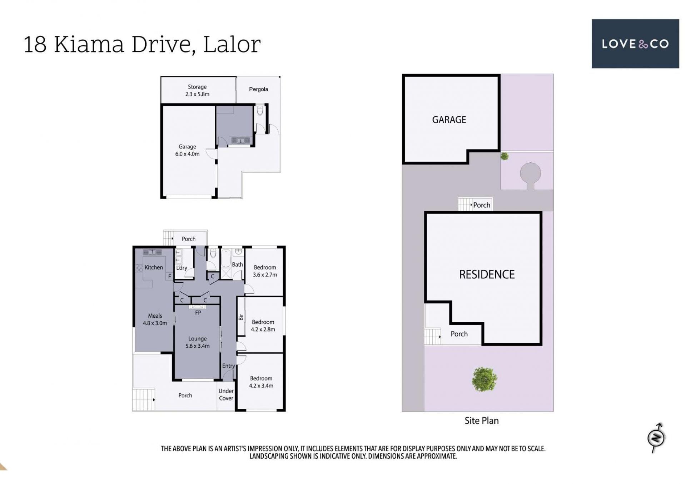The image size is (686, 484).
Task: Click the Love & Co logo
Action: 635,44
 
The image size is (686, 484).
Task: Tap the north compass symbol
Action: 656,437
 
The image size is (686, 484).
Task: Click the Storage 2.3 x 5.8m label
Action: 197,90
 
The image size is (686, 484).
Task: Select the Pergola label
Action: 258,89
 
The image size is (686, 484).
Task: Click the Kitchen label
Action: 154,267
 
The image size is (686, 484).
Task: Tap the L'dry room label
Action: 182,268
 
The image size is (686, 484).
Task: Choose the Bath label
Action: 237,264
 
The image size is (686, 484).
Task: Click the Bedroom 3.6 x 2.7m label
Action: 265,271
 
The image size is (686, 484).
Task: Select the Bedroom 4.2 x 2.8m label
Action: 263,326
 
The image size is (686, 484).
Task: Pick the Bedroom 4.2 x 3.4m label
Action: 261,382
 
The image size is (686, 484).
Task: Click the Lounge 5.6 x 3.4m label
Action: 197,342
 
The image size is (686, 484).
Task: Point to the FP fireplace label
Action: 198,313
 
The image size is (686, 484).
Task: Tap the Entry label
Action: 228,366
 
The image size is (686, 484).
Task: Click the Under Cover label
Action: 226,394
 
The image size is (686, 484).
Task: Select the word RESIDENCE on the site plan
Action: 487,274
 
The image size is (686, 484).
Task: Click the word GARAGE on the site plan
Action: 449,120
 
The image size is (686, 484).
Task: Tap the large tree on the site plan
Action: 484,379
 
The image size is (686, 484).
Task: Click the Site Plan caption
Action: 481,420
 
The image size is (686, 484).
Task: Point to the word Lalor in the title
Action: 232,44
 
